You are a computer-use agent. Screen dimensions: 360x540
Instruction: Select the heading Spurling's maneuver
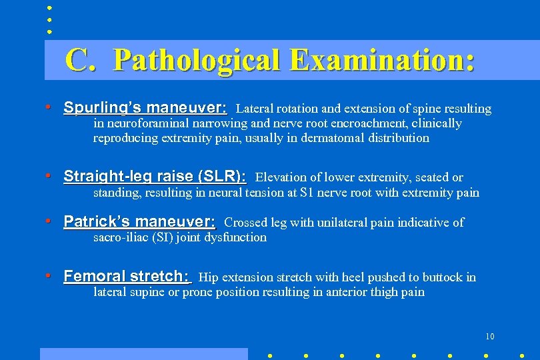[x=145, y=108]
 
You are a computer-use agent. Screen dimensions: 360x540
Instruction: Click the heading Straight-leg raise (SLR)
[x=155, y=177]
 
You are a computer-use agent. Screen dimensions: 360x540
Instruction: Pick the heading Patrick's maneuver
[x=140, y=222]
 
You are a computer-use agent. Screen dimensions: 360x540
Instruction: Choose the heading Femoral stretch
[x=127, y=277]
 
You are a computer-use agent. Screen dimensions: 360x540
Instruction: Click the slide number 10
[x=490, y=337]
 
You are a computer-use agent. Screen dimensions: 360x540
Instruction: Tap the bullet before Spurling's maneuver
[x=49, y=107]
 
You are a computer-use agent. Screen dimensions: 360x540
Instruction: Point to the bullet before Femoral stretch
[x=49, y=276]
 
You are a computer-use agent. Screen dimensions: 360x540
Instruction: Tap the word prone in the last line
[x=198, y=292]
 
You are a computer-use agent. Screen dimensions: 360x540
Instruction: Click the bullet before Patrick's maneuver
[x=49, y=221]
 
